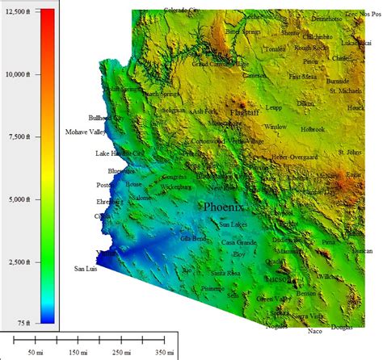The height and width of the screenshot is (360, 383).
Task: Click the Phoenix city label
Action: coord(224,207)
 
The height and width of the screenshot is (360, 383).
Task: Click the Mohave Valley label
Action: coord(85,132)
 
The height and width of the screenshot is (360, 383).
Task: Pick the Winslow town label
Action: coord(276,127)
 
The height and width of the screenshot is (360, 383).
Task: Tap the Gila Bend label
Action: coord(194,239)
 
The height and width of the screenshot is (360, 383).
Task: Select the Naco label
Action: coord(315,331)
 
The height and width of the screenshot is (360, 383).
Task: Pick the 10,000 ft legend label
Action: coord(15,73)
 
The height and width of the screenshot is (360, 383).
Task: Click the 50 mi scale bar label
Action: coord(36,352)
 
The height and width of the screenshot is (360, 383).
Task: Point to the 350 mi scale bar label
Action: coord(166,352)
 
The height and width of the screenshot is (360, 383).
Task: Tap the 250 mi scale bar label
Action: coord(122,352)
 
